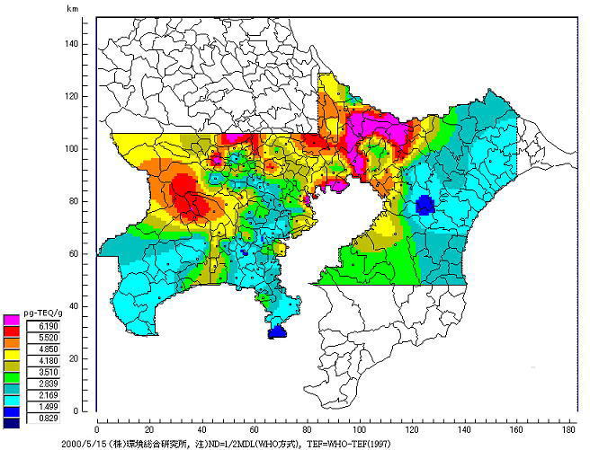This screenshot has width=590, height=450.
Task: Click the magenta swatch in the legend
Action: point(12,319)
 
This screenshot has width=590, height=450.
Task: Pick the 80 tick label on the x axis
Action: point(308,428)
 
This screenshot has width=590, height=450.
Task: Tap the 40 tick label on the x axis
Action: point(202,428)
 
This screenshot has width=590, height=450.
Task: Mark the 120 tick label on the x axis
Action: point(414,428)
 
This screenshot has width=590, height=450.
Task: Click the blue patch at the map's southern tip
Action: point(278,331)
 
